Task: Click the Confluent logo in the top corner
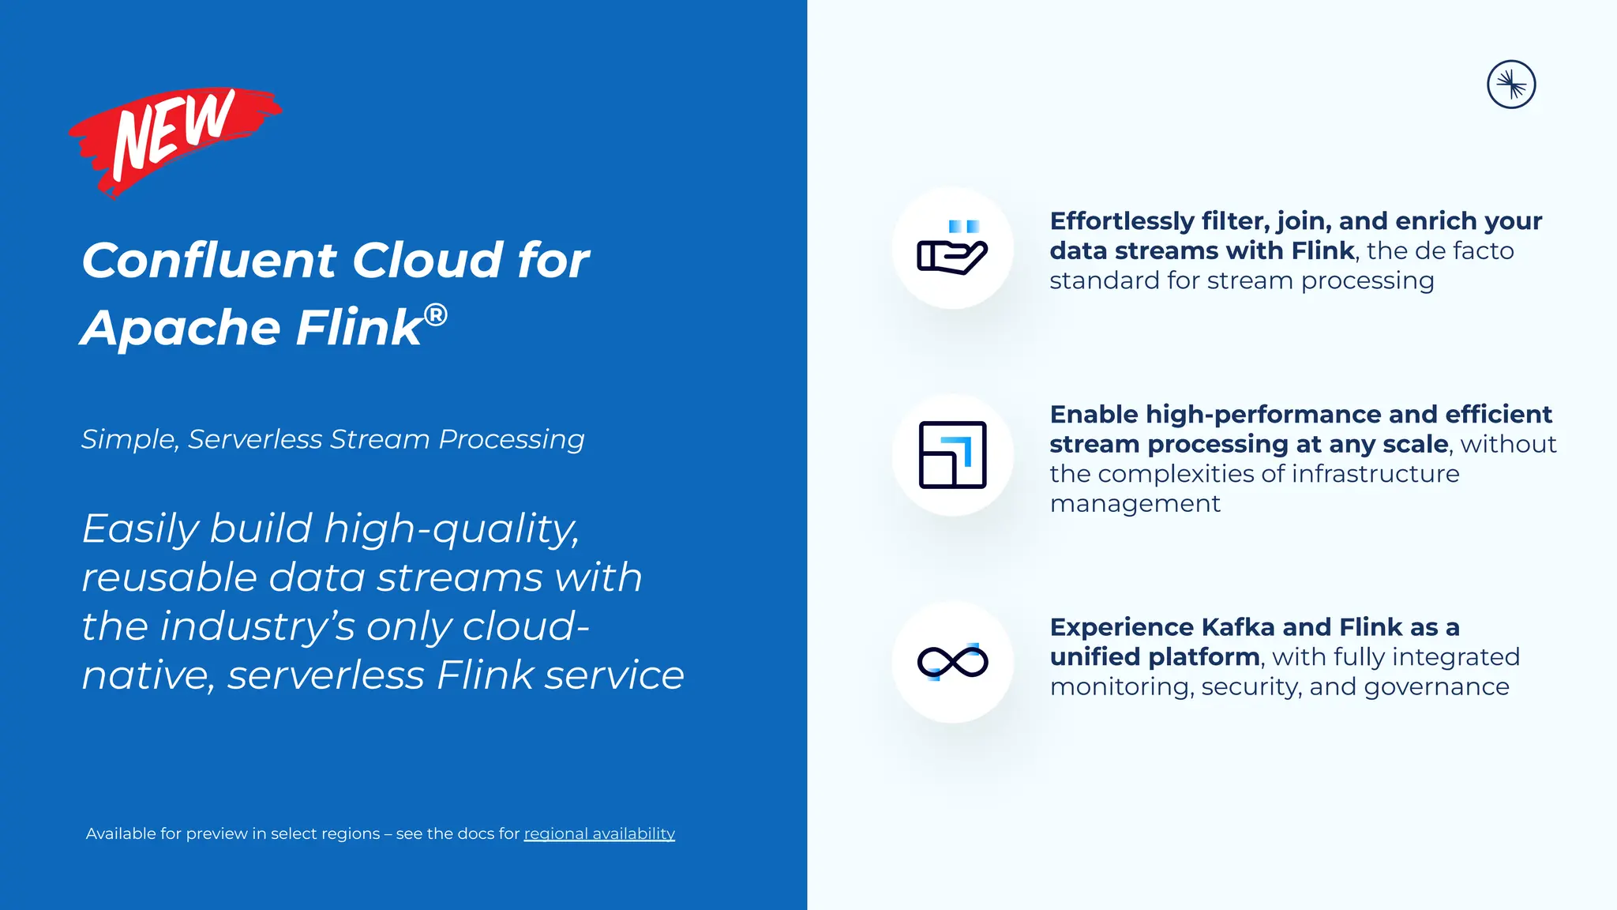pos(1510,85)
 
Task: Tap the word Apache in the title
pos(180,328)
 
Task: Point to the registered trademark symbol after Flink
pos(435,315)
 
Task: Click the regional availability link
pos(599,833)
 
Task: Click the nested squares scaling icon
pos(952,455)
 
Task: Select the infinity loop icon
pos(952,662)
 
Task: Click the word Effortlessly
pos(1121,221)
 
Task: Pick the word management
pos(1135,504)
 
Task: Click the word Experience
pos(1121,627)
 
